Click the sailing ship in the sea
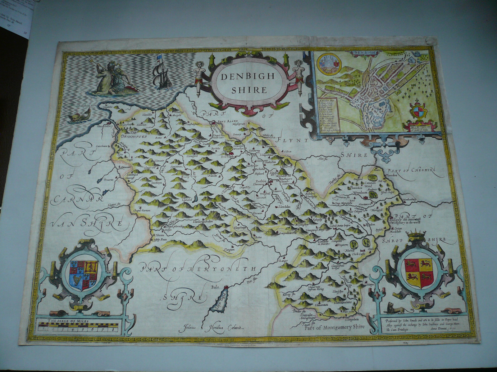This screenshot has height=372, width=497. [x=162, y=73]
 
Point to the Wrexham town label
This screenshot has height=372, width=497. [x=360, y=193]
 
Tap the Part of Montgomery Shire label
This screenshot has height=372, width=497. [x=335, y=327]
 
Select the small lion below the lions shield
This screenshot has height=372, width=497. [x=393, y=308]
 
